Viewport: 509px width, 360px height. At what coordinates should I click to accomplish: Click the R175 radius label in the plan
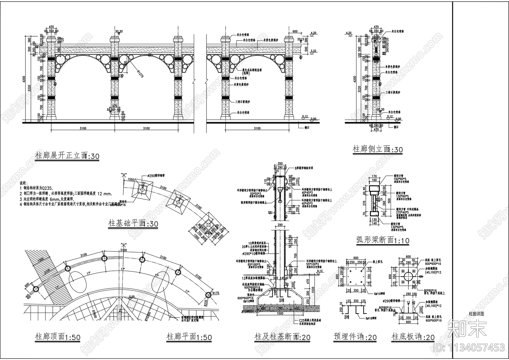216,293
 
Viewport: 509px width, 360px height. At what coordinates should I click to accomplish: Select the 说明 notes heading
24,184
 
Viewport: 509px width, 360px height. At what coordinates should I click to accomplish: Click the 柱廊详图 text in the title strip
476,314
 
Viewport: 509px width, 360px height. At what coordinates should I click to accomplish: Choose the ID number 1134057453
475,347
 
